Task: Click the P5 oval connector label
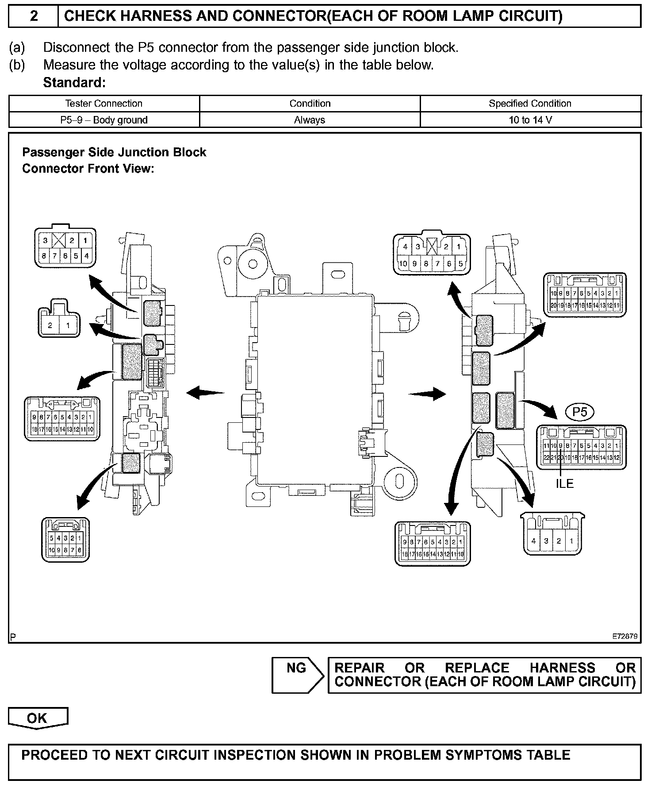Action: point(580,413)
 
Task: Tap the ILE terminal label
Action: point(565,484)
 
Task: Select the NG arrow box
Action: point(298,675)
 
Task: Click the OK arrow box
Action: point(38,718)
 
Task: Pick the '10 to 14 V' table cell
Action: point(530,120)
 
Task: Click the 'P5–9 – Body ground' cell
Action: point(104,120)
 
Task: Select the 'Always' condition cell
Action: point(310,120)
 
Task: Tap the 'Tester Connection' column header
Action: point(104,104)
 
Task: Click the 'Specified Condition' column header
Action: point(530,104)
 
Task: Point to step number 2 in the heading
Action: point(34,16)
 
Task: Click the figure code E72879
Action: point(624,637)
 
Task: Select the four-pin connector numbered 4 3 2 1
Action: point(553,536)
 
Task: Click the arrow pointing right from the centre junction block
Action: point(427,393)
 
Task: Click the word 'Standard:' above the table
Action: point(74,83)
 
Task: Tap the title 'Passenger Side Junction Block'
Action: point(114,152)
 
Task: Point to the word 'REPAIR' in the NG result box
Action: point(360,668)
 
